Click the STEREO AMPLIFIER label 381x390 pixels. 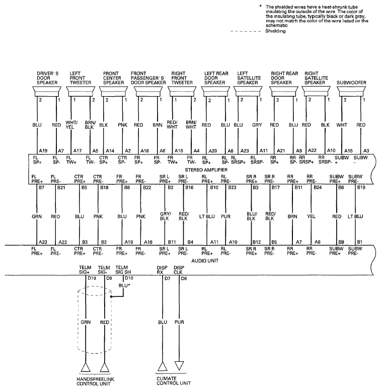(206, 170)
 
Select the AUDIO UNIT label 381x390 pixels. (205, 261)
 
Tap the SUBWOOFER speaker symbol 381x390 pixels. (352, 92)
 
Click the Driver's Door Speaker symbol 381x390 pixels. (47, 92)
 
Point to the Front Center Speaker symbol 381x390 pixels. (113, 92)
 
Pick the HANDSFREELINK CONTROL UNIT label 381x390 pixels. (96, 381)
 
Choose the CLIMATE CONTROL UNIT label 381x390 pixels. (174, 381)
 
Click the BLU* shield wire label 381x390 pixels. (124, 285)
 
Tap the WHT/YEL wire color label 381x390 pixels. (71, 125)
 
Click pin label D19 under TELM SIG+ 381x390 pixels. (92, 278)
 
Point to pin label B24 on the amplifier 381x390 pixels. (318, 188)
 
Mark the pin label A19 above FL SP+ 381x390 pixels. (43, 151)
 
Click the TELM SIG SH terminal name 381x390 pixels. (123, 270)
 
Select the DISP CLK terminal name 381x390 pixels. (179, 270)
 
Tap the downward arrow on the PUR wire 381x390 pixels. (179, 366)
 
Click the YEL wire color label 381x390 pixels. (311, 216)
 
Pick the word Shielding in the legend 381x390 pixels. (275, 31)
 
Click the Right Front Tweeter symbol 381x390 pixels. (182, 92)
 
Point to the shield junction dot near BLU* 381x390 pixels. (112, 296)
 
